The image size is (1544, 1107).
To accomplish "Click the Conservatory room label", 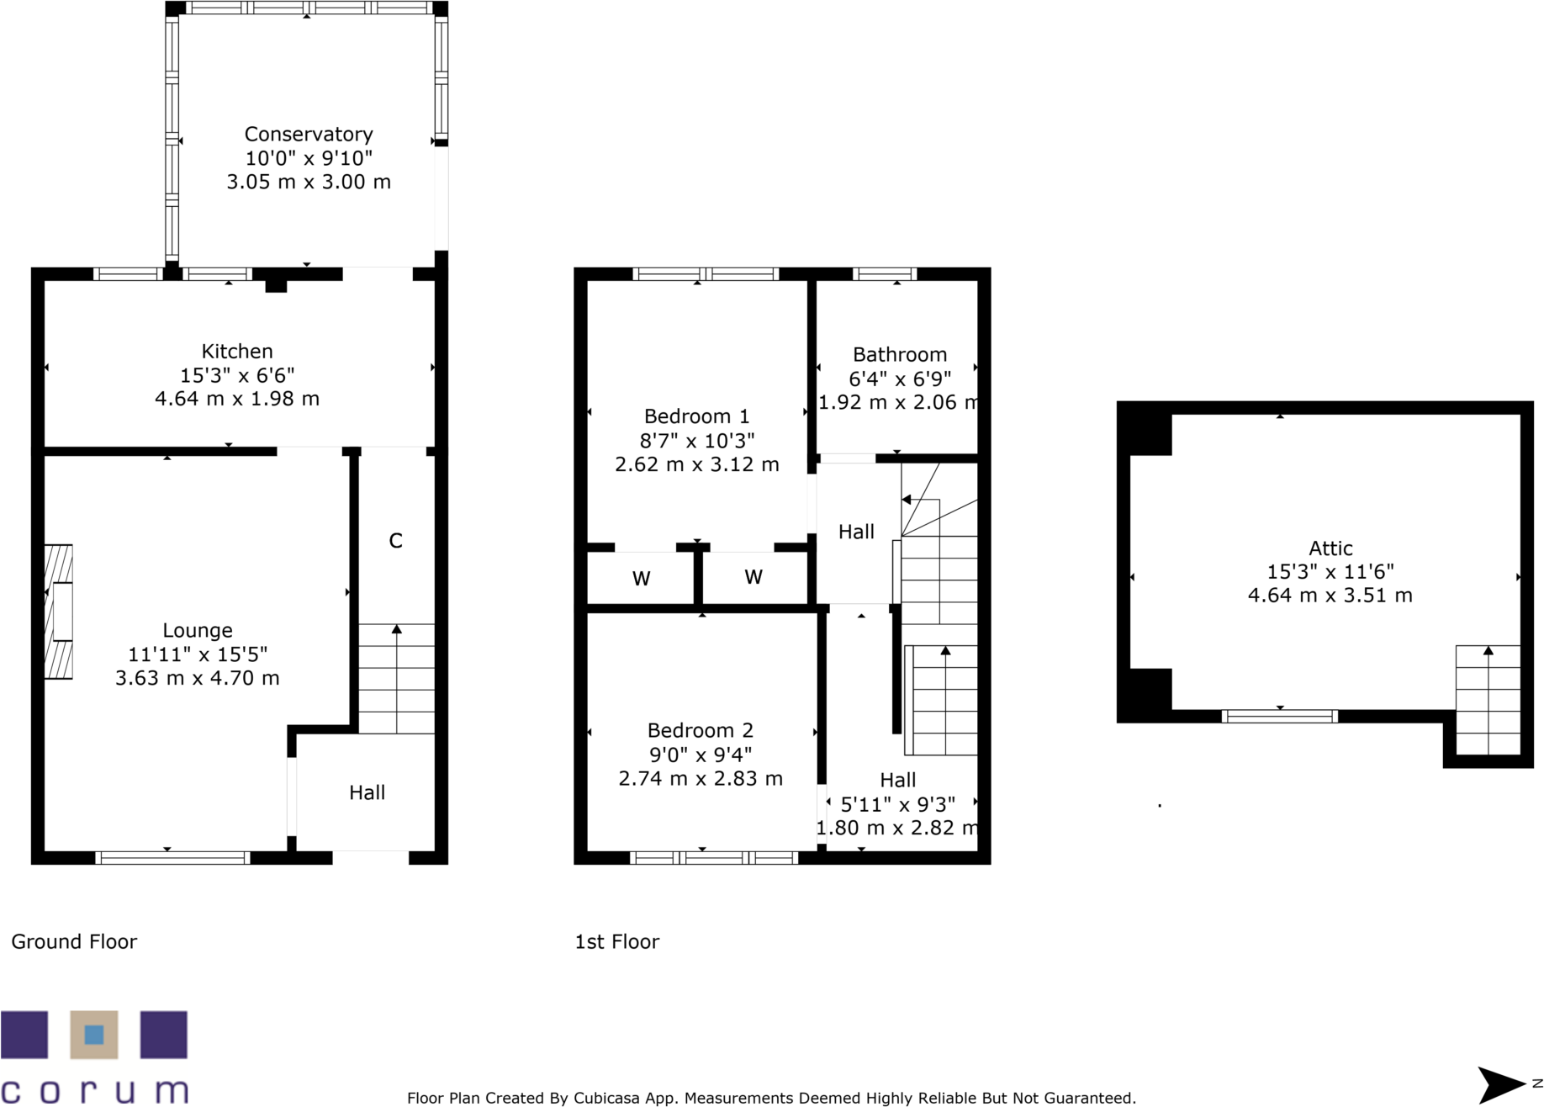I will click(308, 135).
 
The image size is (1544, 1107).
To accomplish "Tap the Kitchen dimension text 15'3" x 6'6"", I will click(237, 375).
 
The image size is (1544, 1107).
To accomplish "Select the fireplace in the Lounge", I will click(58, 612).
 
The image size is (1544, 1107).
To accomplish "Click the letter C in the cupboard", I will click(395, 541).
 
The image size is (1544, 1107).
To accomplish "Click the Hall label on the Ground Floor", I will click(367, 792).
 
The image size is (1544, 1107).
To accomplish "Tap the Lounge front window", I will click(172, 858).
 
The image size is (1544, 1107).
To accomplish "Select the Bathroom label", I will click(899, 355).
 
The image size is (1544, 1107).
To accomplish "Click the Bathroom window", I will click(884, 274).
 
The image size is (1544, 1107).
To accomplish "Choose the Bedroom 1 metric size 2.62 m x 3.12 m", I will click(696, 464).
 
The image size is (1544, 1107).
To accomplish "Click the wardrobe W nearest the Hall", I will click(753, 577).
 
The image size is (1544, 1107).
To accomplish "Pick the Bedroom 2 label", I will click(700, 730).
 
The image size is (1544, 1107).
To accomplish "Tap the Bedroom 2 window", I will click(713, 858).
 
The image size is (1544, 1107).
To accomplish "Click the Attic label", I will click(1330, 548).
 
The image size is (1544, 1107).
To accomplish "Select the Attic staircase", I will click(1487, 700).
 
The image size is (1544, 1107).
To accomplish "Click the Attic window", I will click(1278, 717).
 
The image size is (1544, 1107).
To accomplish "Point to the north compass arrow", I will click(1502, 1084).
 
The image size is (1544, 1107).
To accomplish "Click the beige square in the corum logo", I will click(94, 1035).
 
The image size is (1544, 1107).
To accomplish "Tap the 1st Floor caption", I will click(616, 942).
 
